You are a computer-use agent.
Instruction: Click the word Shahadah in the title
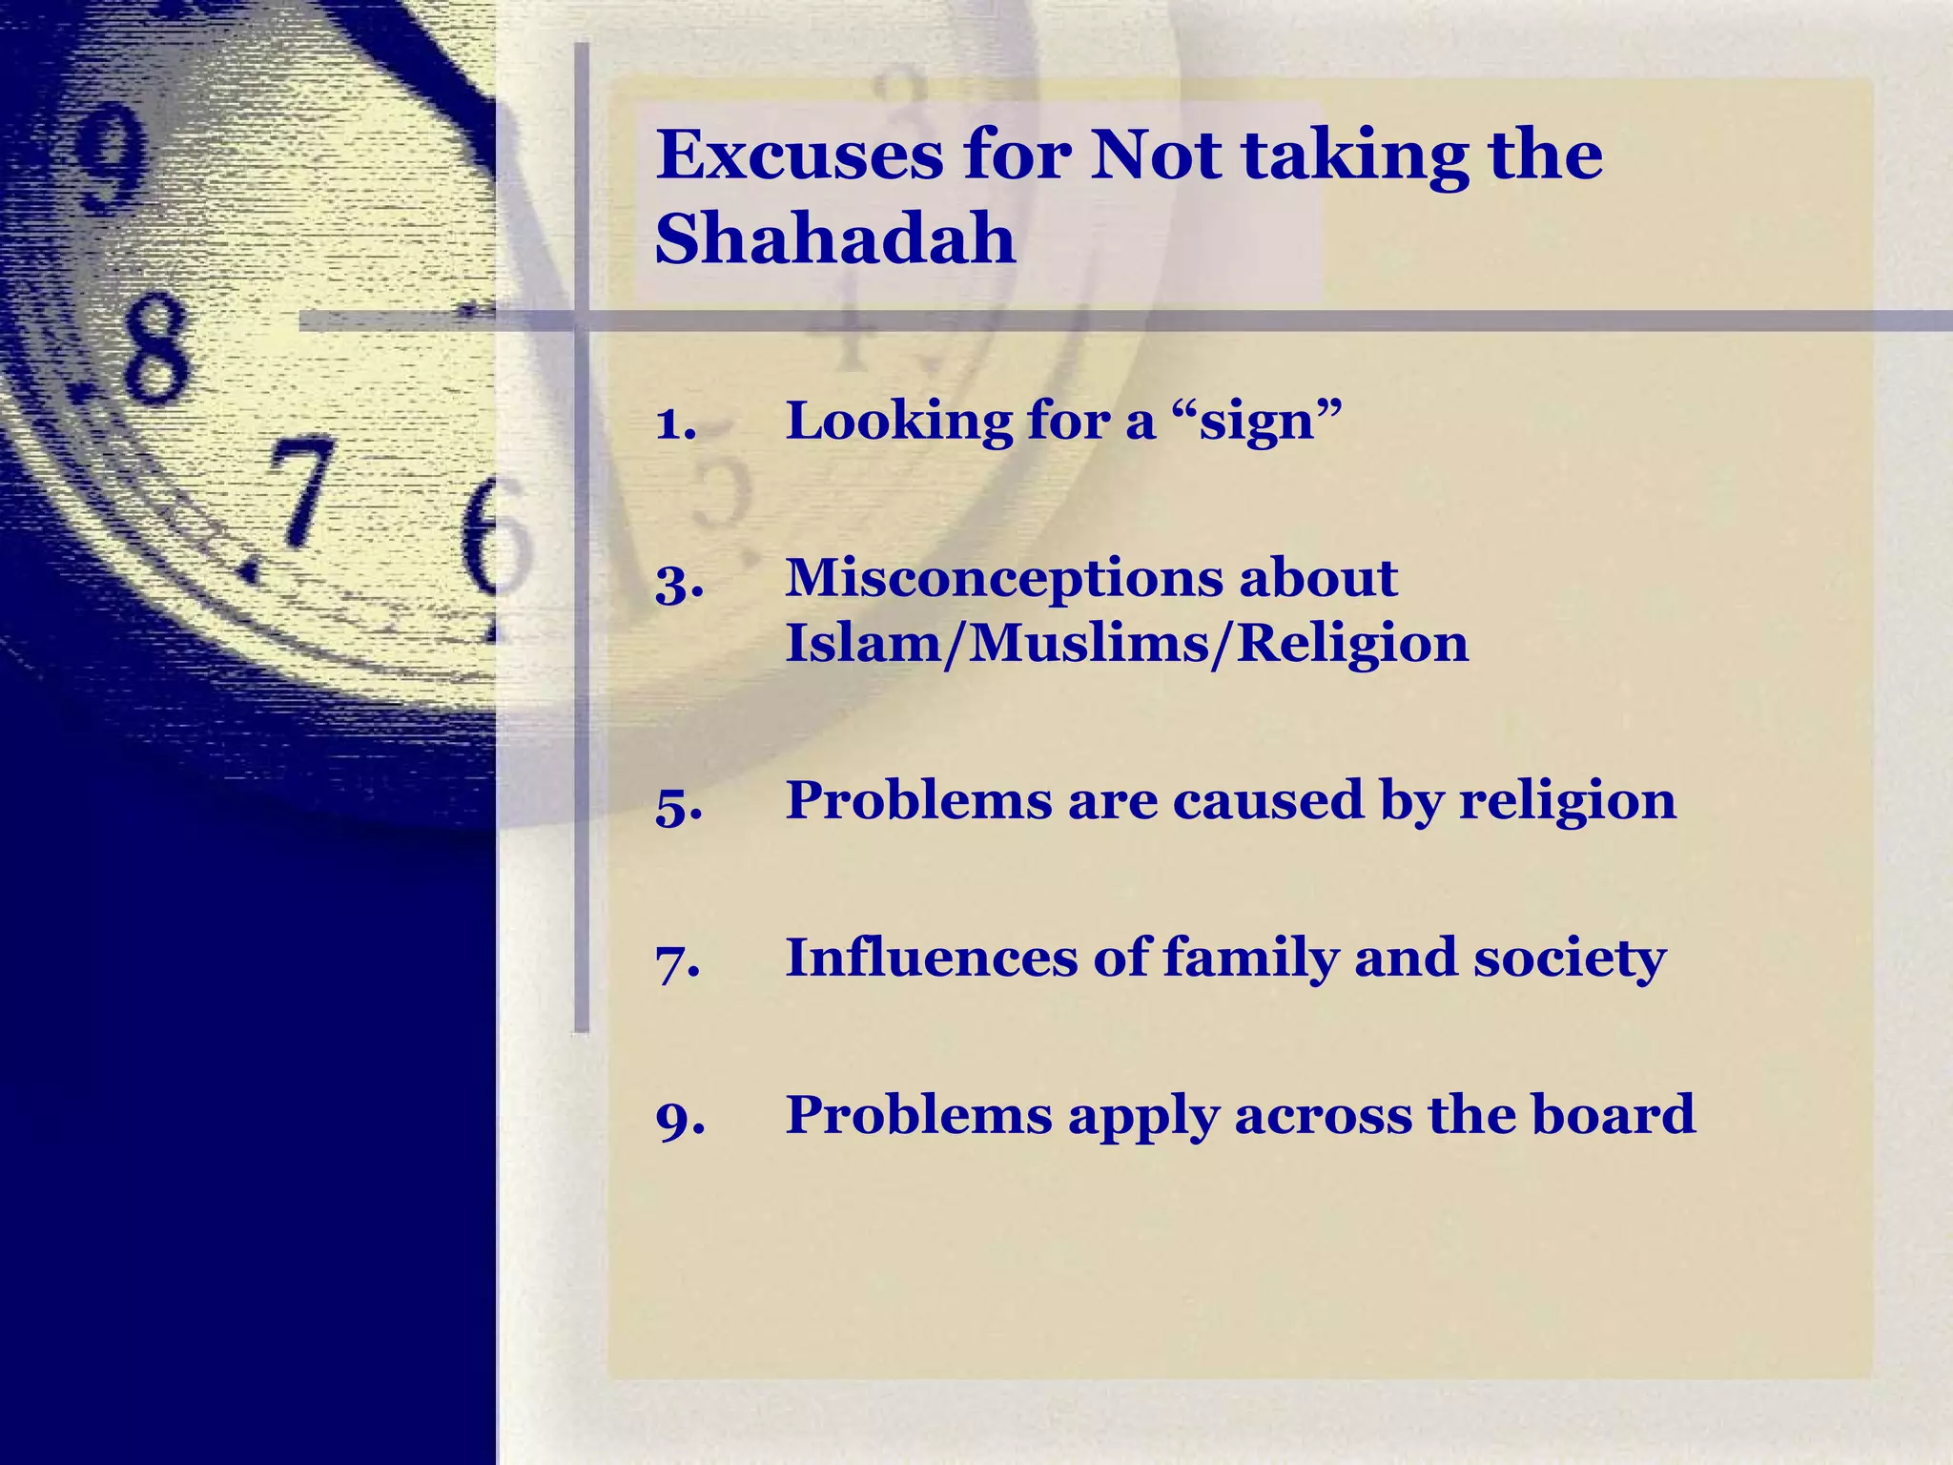point(835,238)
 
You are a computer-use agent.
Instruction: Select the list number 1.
point(675,423)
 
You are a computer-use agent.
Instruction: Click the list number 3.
point(679,582)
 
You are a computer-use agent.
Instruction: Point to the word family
point(1250,959)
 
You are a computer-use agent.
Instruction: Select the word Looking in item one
point(897,421)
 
